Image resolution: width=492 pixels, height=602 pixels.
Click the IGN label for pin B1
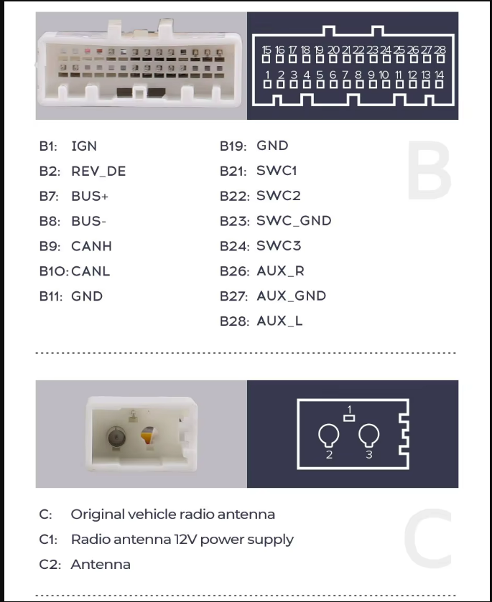(84, 146)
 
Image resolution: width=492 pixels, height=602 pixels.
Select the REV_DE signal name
(98, 171)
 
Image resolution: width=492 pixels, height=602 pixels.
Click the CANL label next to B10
(90, 271)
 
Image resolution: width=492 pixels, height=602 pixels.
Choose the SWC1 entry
(277, 171)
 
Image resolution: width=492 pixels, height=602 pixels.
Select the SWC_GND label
(294, 221)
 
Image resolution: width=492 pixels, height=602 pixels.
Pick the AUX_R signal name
(279, 271)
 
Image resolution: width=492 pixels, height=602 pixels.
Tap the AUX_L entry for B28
(279, 321)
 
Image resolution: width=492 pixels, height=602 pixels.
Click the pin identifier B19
(233, 146)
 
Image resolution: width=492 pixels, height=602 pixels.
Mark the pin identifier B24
(234, 246)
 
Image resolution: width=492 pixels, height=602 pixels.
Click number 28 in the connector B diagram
(440, 50)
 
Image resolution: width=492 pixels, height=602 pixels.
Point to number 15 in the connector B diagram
(267, 50)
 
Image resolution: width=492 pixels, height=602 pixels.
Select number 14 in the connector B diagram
(440, 75)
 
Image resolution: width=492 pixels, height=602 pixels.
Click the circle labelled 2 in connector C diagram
(329, 435)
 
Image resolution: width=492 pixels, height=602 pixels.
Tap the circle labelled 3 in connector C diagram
(369, 435)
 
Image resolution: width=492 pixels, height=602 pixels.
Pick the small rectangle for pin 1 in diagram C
(350, 419)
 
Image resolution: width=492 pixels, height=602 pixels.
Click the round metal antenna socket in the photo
(115, 437)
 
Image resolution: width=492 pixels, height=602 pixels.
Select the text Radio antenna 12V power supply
(182, 539)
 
